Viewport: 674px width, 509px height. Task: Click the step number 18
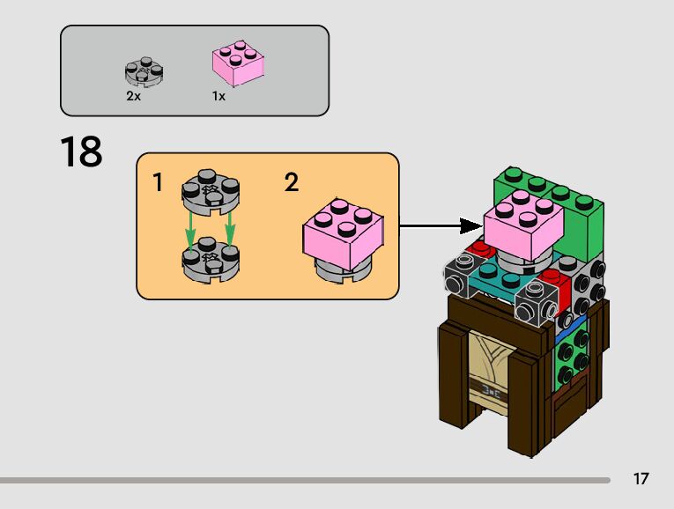(x=81, y=151)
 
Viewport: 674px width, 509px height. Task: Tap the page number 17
(x=641, y=479)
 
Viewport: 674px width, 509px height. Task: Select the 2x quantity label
(x=133, y=96)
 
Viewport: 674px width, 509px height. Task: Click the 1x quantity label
(x=218, y=96)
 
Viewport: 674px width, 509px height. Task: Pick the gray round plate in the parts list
(x=144, y=71)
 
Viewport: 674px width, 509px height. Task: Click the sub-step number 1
(x=158, y=183)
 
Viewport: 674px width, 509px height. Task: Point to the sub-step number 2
(x=292, y=183)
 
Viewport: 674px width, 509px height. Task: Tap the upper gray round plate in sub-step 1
(x=211, y=191)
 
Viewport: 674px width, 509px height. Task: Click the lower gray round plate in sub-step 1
(x=211, y=261)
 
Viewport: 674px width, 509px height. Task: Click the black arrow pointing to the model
(x=441, y=225)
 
